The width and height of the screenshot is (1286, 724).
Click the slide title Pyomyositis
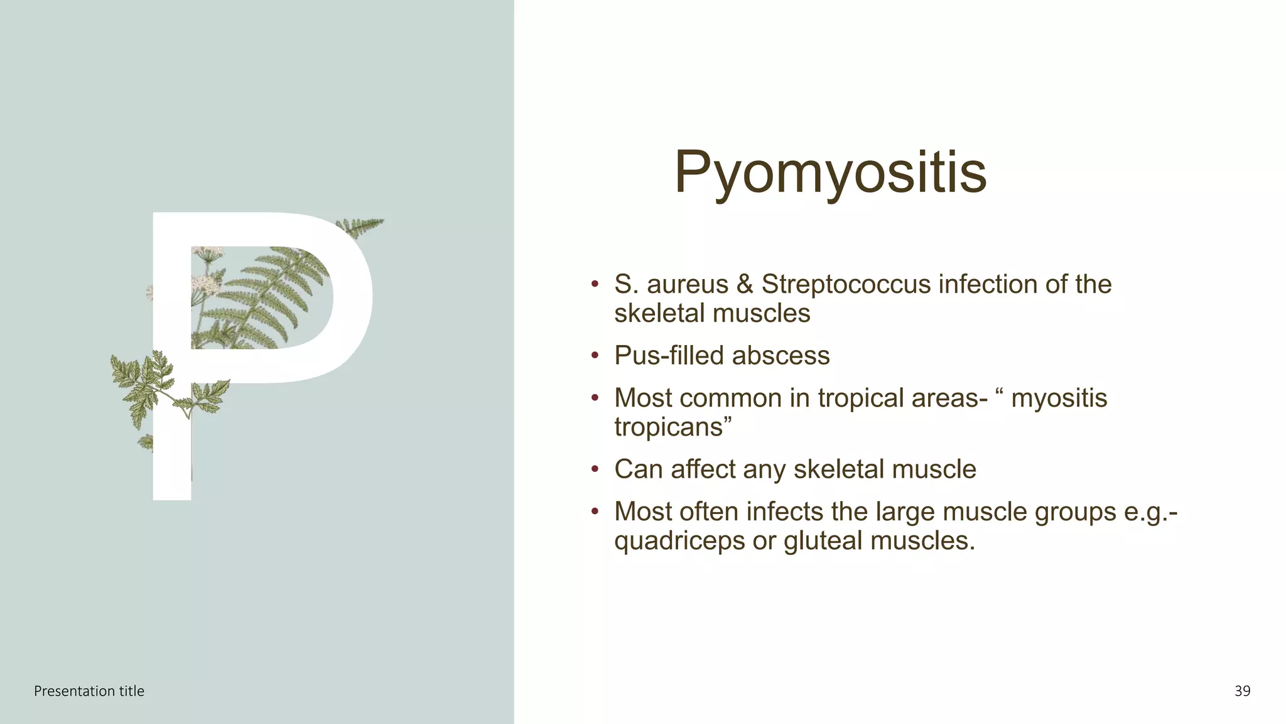coord(829,172)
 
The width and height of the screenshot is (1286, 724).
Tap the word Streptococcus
coord(846,285)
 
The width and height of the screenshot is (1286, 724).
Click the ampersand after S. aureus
coord(745,285)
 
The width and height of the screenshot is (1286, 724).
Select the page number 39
coord(1242,691)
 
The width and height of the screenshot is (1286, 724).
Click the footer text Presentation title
coord(89,691)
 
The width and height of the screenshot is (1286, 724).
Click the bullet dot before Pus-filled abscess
coord(595,356)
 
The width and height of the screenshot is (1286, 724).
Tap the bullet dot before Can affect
coord(595,470)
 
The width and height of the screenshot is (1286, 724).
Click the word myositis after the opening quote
coord(1059,398)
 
